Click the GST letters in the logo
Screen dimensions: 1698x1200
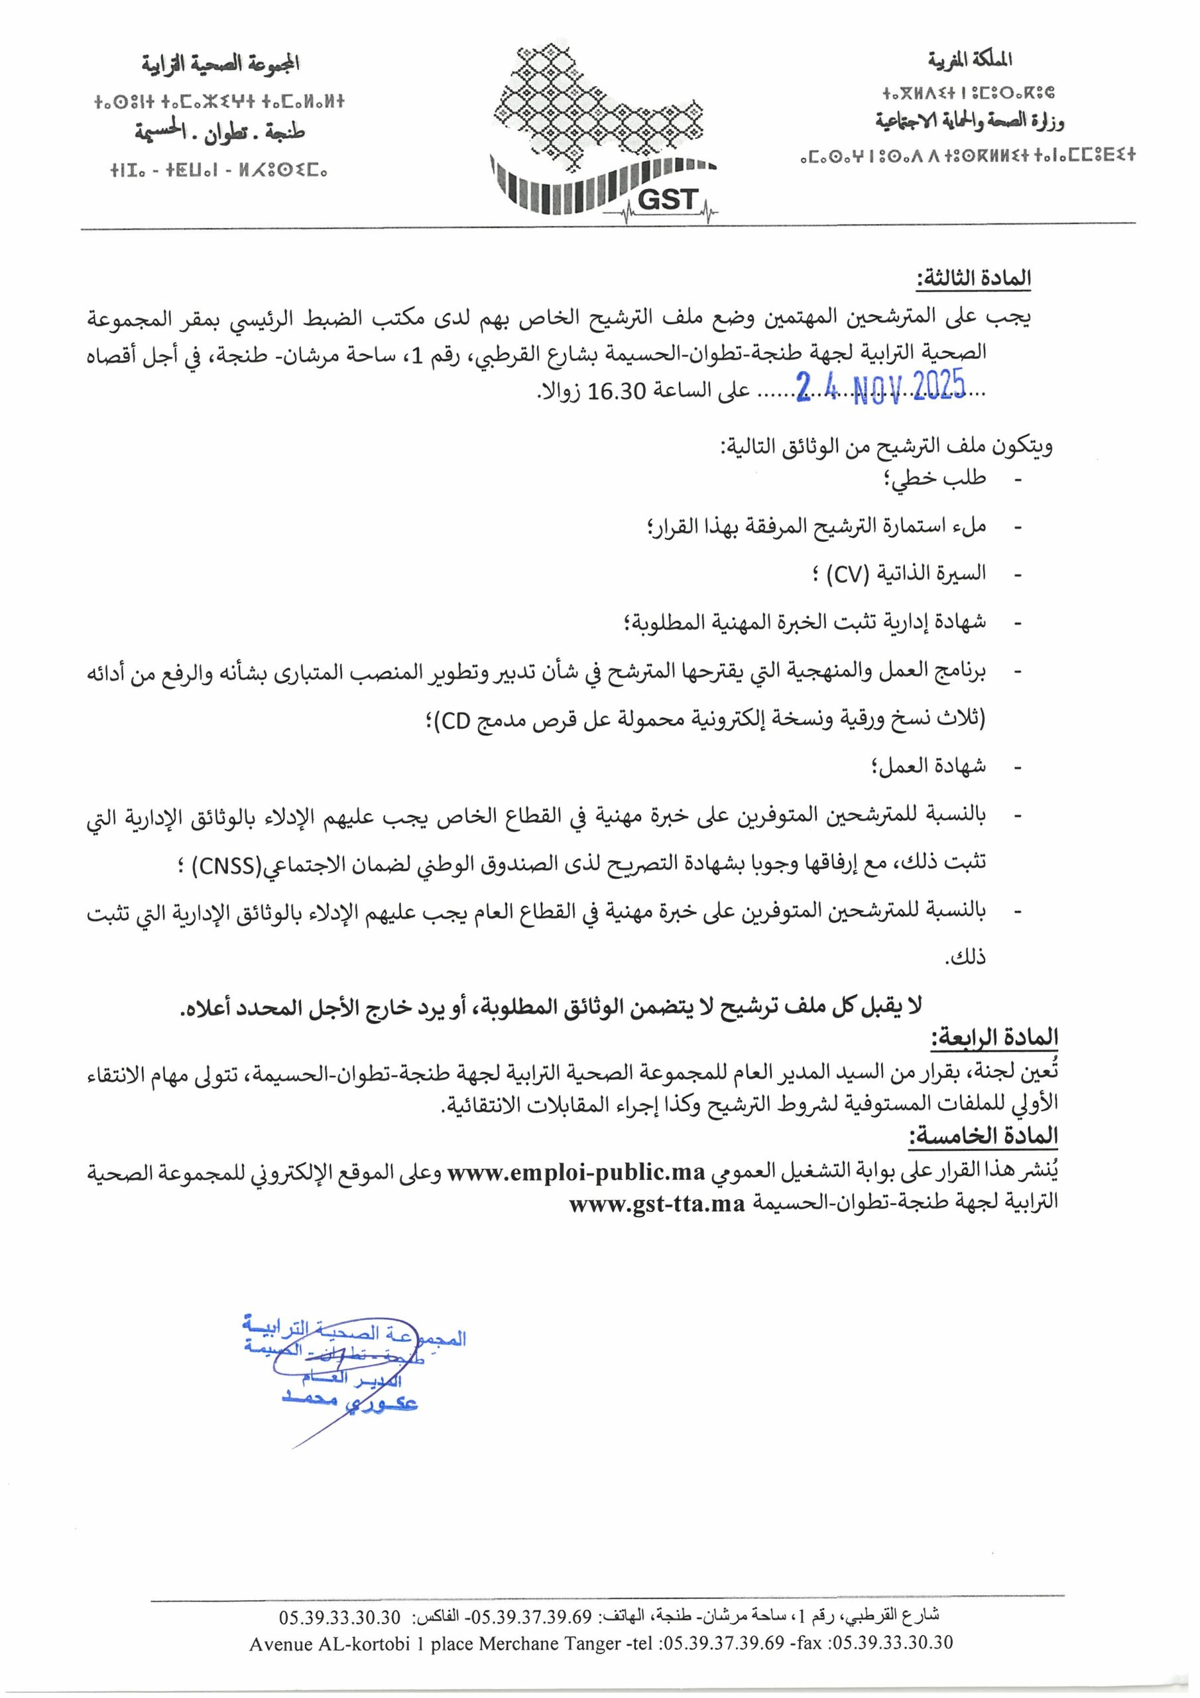[x=667, y=198]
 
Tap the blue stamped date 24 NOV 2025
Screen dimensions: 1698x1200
[x=881, y=387]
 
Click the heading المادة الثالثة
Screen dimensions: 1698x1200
[x=974, y=279]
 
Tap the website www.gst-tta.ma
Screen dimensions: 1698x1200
[x=656, y=1204]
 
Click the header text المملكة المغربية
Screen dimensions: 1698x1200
[x=970, y=59]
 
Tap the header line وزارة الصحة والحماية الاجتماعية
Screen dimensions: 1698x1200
[x=970, y=121]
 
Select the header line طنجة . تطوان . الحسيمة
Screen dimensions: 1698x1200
[x=220, y=133]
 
